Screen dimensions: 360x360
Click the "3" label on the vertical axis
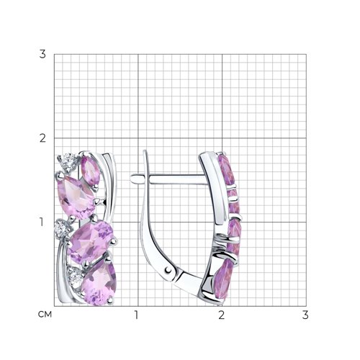point(42,54)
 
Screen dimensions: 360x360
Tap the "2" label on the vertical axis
point(42,138)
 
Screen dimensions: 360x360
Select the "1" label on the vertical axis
point(42,222)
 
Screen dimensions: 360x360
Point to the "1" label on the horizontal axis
point(136,315)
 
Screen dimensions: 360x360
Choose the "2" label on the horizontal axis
point(222,315)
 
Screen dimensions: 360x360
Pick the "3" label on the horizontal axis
point(305,315)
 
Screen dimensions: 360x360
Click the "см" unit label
point(45,315)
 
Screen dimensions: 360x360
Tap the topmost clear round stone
point(68,162)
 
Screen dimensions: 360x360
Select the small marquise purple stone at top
point(90,171)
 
